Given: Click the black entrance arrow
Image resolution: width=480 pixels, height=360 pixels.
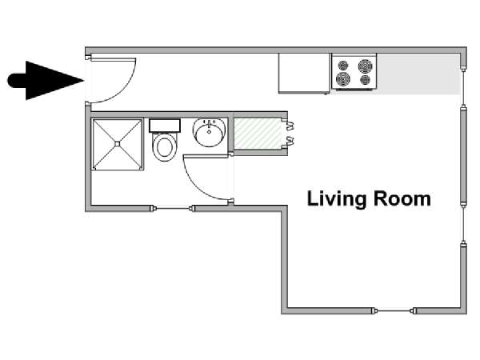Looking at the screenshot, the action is pyautogui.click(x=46, y=81).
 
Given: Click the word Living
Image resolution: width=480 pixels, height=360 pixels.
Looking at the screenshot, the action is pyautogui.click(x=337, y=199).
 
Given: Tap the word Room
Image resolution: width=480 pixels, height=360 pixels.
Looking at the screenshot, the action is pyautogui.click(x=402, y=198).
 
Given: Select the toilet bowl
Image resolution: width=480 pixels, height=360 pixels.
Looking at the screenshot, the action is pyautogui.click(x=165, y=147).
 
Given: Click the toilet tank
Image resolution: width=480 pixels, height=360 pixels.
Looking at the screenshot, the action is pyautogui.click(x=165, y=126).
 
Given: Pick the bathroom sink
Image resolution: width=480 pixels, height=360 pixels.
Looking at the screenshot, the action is pyautogui.click(x=210, y=132).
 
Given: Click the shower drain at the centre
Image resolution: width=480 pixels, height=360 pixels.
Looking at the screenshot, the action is pyautogui.click(x=118, y=143).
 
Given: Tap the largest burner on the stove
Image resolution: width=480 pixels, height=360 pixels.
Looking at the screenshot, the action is pyautogui.click(x=366, y=66).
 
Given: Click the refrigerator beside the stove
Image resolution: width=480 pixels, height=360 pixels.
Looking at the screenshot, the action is pyautogui.click(x=304, y=73).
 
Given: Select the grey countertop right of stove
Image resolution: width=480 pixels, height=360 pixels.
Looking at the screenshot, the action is pyautogui.click(x=418, y=74).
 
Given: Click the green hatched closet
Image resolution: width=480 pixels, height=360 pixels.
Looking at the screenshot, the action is pyautogui.click(x=258, y=134).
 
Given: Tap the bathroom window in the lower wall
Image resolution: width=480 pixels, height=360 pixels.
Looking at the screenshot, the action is pyautogui.click(x=174, y=209).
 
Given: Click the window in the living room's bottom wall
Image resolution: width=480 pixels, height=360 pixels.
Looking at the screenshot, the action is pyautogui.click(x=394, y=310).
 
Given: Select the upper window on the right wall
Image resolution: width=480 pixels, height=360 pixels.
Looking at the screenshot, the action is pyautogui.click(x=463, y=87).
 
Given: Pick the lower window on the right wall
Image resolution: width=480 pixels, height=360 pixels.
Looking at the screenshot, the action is pyautogui.click(x=463, y=223).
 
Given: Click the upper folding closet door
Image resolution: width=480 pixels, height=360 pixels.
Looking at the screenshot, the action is pyautogui.click(x=290, y=125).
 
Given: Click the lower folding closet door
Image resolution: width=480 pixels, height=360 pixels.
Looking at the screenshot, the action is pyautogui.click(x=290, y=141).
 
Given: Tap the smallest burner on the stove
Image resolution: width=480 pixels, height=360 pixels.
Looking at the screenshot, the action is pyautogui.click(x=366, y=80).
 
